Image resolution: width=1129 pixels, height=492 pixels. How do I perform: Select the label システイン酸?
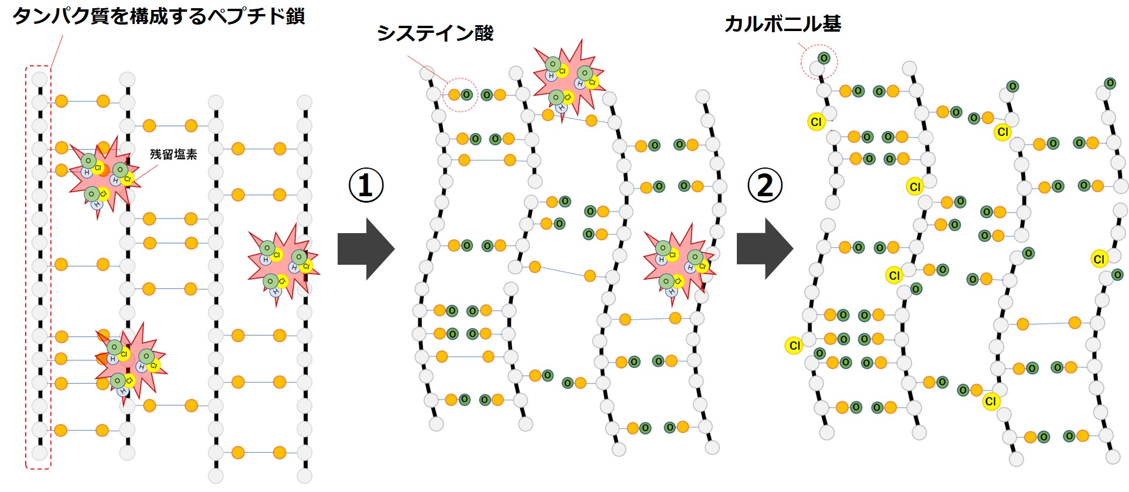coord(435,33)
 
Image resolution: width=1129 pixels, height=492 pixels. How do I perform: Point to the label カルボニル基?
coord(782,24)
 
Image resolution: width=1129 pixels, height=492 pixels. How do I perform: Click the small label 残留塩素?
coord(174,154)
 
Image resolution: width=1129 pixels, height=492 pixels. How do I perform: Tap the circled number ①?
coord(366,186)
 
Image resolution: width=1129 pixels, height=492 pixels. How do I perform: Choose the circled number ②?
coord(765,186)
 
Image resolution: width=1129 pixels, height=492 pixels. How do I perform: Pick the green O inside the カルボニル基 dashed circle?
coord(824,58)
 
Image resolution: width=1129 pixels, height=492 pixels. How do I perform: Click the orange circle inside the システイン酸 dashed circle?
coord(454,94)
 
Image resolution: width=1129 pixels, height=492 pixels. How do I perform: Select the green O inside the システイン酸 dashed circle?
coord(467,94)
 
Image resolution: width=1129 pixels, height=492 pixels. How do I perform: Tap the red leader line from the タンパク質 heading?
coord(57,52)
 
